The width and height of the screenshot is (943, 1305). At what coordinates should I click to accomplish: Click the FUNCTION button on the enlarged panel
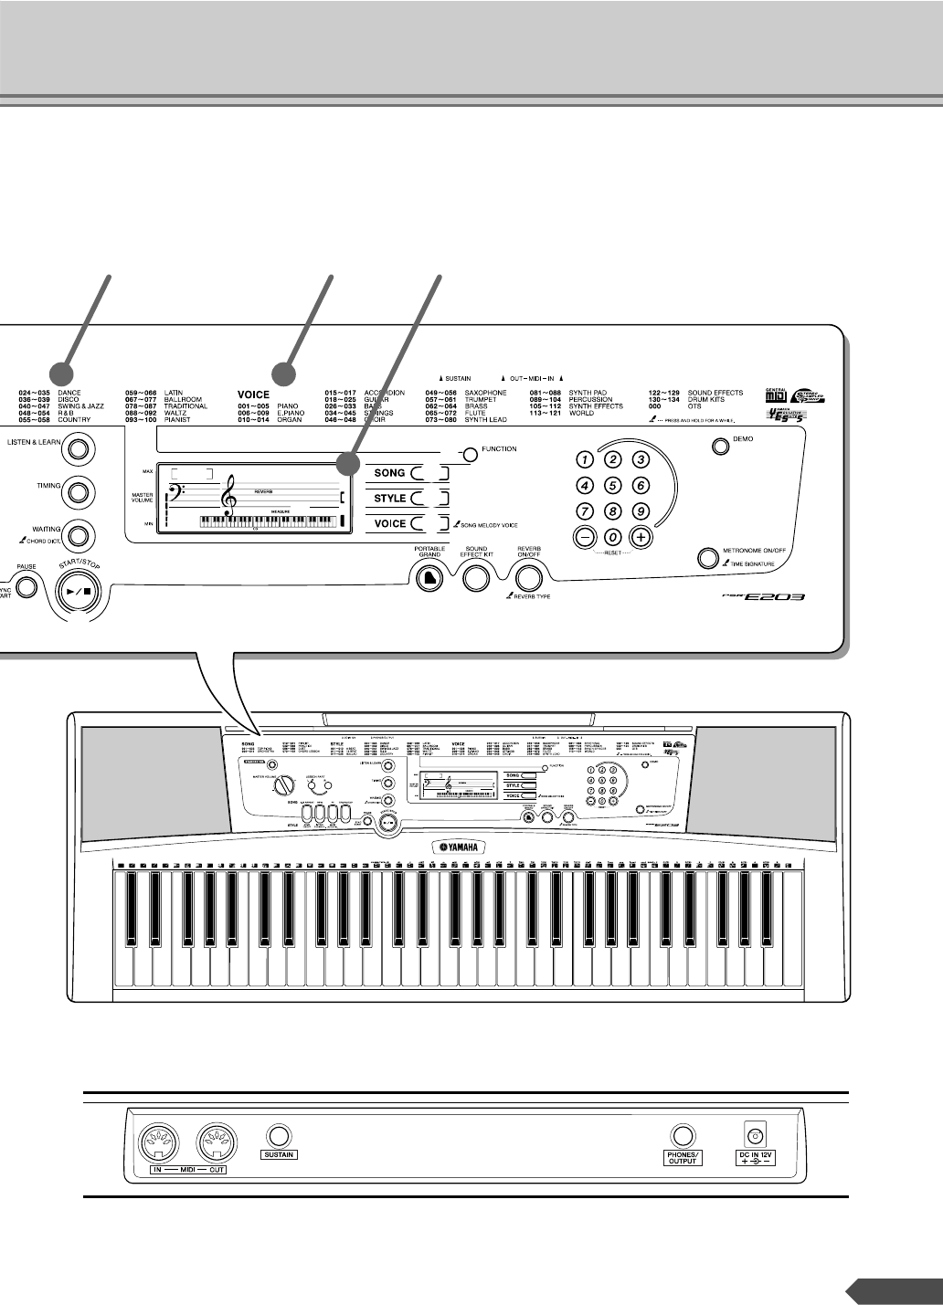pos(469,454)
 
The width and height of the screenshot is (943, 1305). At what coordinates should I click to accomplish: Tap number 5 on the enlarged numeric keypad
pos(614,486)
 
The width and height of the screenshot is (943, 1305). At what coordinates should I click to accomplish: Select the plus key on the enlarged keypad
pos(641,537)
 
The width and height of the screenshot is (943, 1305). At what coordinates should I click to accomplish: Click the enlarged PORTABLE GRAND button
pos(429,579)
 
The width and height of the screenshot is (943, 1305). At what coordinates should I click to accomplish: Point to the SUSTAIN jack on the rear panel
pos(280,1135)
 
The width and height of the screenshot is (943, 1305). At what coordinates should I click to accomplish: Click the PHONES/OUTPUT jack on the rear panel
pos(682,1135)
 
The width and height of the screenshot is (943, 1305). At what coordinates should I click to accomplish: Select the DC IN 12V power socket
pos(755,1135)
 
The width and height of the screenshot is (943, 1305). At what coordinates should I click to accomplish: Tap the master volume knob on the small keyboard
pos(284,784)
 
